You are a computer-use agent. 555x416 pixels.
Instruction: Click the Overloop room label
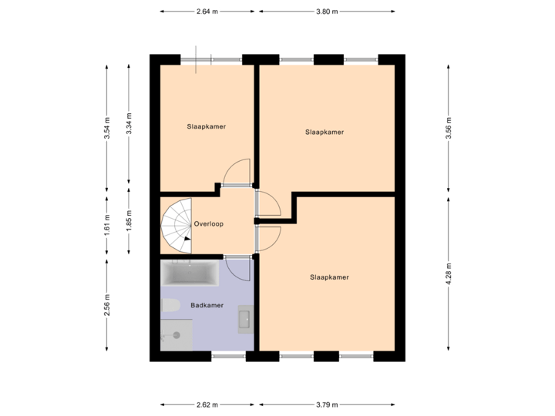[x=209, y=224]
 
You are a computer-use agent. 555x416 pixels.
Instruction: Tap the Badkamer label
[x=207, y=305]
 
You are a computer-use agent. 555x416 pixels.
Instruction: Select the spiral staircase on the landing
[x=177, y=225]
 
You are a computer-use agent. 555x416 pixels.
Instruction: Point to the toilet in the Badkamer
[x=170, y=305]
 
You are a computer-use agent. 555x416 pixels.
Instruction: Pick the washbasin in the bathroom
[x=245, y=318]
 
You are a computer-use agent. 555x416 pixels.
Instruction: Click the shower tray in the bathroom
[x=177, y=335]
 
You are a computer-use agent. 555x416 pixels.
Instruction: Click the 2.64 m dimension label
[x=208, y=12]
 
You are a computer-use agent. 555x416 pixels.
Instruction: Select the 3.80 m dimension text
[x=328, y=12]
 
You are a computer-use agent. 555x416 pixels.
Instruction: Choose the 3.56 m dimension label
[x=448, y=128]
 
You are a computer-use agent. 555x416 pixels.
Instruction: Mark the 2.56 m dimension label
[x=107, y=306]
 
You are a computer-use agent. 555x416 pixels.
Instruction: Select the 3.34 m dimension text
[x=129, y=124]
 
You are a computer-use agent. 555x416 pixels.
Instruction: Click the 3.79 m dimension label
[x=327, y=404]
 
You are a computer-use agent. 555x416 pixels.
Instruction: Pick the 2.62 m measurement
[x=208, y=404]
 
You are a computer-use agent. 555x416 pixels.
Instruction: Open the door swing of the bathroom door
[x=238, y=270]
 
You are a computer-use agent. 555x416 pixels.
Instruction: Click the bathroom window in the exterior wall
[x=229, y=356]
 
